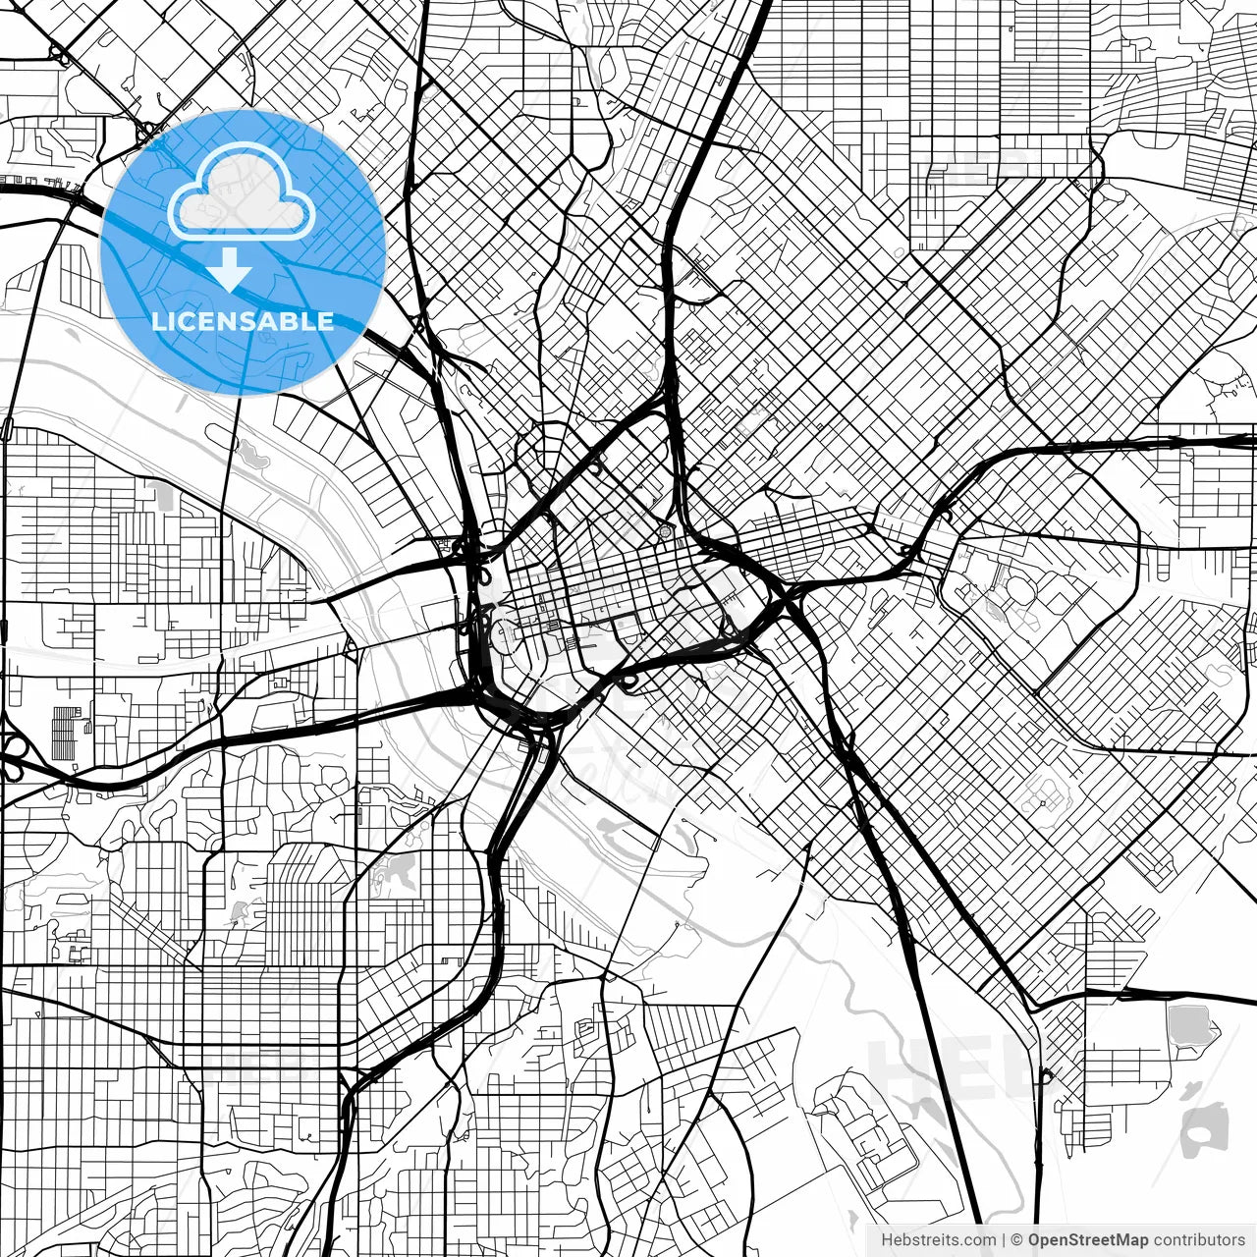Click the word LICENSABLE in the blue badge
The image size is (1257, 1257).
click(243, 321)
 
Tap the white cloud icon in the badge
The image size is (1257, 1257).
click(242, 191)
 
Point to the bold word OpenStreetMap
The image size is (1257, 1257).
click(1088, 1240)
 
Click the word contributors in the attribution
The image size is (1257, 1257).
click(1199, 1240)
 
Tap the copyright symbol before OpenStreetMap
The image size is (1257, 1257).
click(1017, 1240)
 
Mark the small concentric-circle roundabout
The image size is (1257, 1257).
click(665, 532)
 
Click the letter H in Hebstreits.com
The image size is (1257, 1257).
click(887, 1240)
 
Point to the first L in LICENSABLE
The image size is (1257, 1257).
click(157, 321)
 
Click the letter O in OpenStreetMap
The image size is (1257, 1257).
click(1035, 1240)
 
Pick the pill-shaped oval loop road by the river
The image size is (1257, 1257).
click(8, 428)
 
